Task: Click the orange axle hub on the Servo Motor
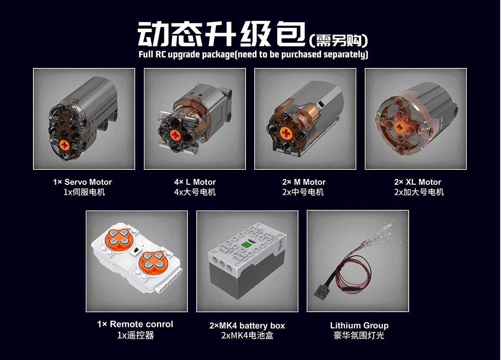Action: pos(65,146)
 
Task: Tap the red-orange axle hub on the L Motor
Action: pos(175,135)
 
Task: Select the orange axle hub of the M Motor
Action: pos(286,133)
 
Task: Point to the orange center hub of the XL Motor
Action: pos(400,127)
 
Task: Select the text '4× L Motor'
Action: pos(195,182)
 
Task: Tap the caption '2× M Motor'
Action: pos(304,182)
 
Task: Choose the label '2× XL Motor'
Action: pos(417,182)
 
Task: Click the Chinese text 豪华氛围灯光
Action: pos(359,335)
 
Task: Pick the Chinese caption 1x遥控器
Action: pos(136,335)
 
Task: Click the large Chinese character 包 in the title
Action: pos(291,34)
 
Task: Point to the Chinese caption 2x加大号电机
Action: pos(419,192)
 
